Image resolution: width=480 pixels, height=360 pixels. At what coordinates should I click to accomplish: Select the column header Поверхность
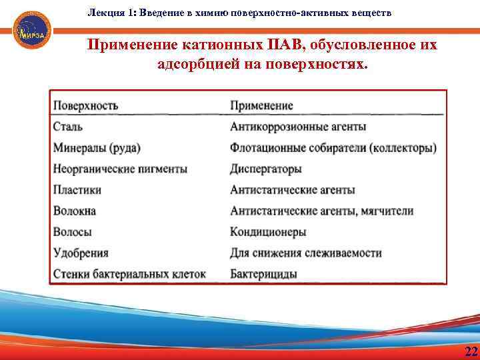(85, 106)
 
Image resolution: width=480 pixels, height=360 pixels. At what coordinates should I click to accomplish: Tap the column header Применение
(261, 106)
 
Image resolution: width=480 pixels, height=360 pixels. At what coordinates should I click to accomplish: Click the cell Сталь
(68, 127)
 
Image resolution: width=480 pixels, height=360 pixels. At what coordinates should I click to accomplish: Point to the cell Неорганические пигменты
(120, 169)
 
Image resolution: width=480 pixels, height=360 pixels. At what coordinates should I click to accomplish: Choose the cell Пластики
(77, 190)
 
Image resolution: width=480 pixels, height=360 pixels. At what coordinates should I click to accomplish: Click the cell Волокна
(75, 211)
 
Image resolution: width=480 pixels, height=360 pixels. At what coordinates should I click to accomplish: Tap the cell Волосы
(73, 232)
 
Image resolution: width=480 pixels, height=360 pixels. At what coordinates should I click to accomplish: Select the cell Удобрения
(81, 253)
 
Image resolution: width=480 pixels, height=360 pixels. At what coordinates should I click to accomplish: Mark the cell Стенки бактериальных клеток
(129, 274)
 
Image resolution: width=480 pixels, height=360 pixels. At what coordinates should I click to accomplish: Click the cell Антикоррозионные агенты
(298, 127)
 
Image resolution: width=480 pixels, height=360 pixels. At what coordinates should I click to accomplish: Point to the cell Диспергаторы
(266, 169)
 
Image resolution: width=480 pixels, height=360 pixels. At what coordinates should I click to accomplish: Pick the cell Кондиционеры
(268, 232)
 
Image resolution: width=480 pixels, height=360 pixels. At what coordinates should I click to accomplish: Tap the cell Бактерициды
(263, 274)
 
